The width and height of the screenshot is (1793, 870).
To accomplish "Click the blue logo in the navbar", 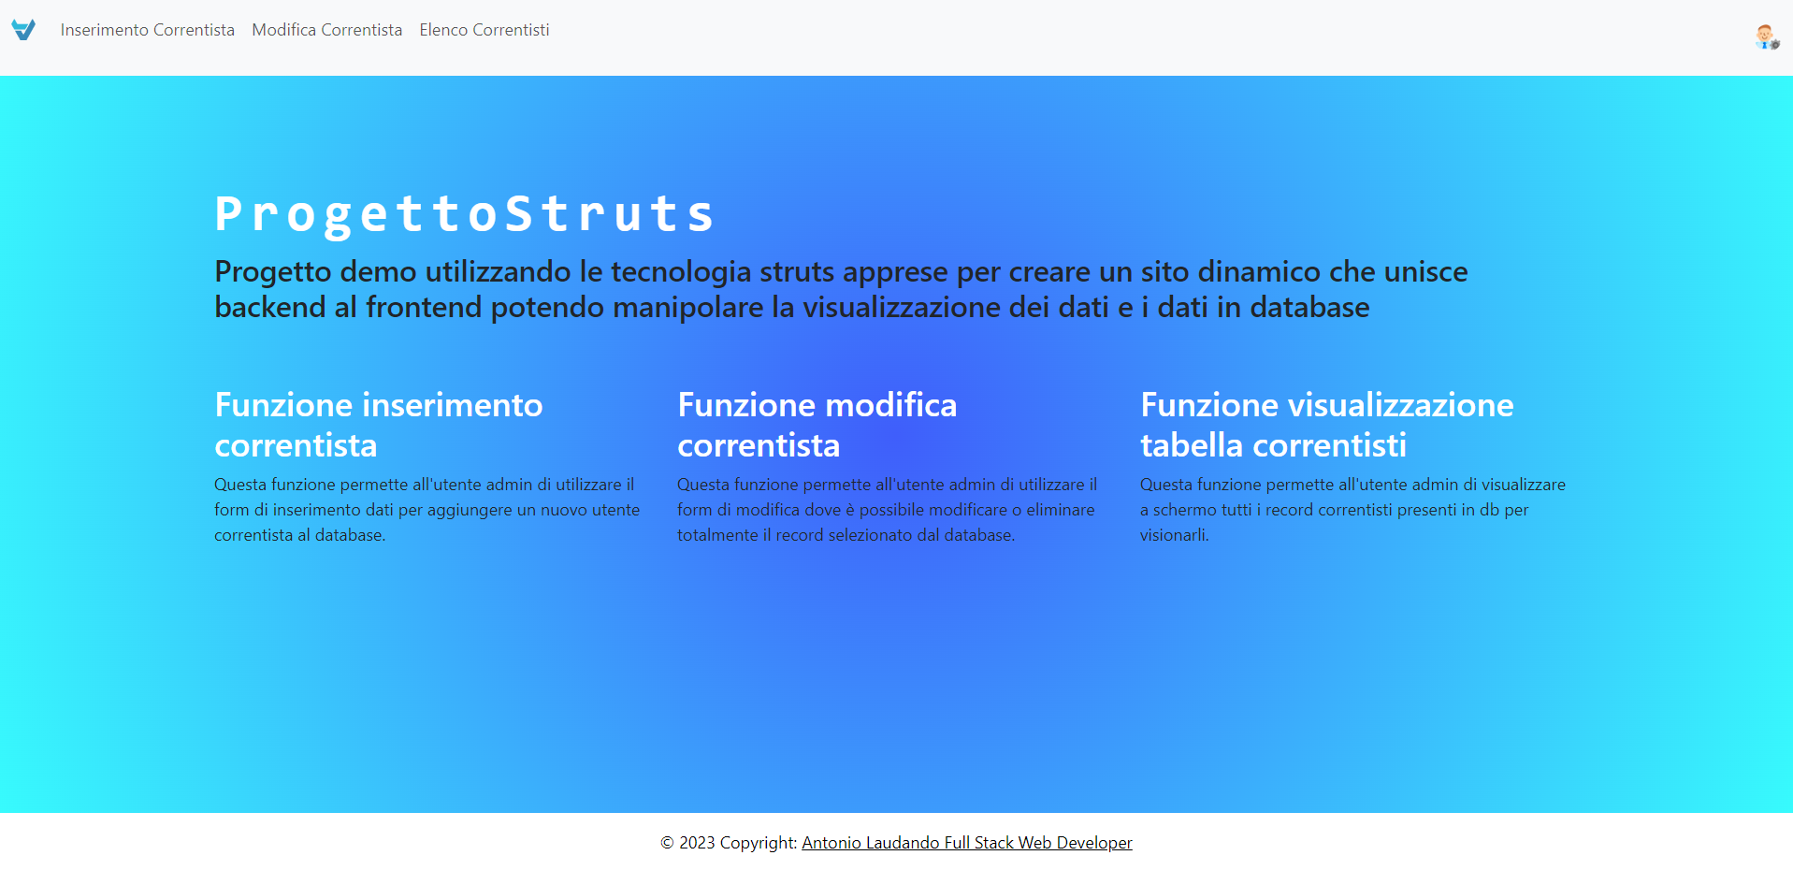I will point(23,30).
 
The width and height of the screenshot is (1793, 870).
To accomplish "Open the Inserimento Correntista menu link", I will point(148,30).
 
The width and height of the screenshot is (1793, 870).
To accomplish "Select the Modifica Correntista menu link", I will point(326,30).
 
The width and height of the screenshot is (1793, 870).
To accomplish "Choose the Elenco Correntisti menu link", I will point(484,30).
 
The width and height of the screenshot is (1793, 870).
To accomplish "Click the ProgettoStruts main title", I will point(465,213).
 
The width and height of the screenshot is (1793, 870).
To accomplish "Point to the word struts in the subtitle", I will point(796,272).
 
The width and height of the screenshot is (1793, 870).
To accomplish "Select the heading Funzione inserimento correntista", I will point(378,425).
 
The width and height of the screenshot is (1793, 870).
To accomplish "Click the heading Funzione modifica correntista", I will point(817,425).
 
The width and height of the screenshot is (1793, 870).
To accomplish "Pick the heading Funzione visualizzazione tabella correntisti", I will point(1325,425).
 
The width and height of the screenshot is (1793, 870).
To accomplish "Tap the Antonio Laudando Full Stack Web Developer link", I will point(966,843).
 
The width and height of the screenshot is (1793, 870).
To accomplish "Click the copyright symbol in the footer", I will point(667,843).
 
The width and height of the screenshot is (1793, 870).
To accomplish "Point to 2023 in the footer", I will point(697,843).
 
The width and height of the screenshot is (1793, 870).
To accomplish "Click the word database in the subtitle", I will point(1309,308).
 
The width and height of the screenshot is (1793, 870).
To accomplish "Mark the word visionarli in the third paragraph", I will point(1173,535).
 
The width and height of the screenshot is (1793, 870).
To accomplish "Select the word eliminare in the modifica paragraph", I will point(1060,510).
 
